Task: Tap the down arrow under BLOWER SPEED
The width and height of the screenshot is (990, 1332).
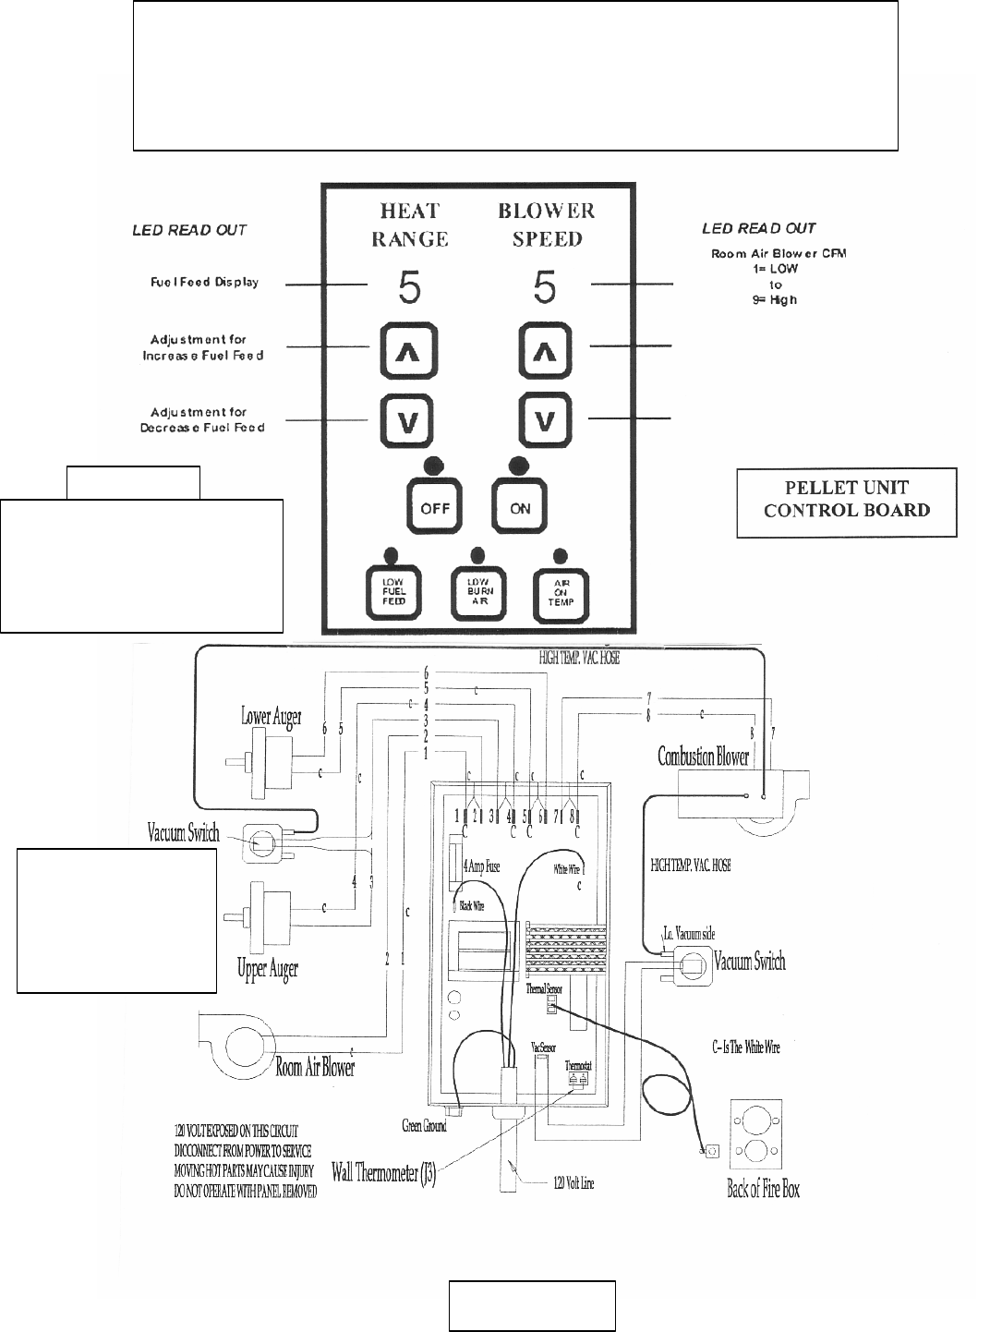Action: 546,420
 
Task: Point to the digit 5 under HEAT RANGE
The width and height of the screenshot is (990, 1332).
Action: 409,289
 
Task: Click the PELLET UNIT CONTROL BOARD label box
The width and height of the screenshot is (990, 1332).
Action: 846,503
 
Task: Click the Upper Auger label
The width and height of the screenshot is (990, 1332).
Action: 268,969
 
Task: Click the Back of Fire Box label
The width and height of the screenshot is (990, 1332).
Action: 763,1189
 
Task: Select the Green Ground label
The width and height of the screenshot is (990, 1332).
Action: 424,1126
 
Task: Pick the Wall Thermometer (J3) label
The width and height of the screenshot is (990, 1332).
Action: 383,1179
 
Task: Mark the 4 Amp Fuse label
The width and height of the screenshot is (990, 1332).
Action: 481,866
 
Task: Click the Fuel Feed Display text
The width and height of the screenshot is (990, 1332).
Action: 204,282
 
